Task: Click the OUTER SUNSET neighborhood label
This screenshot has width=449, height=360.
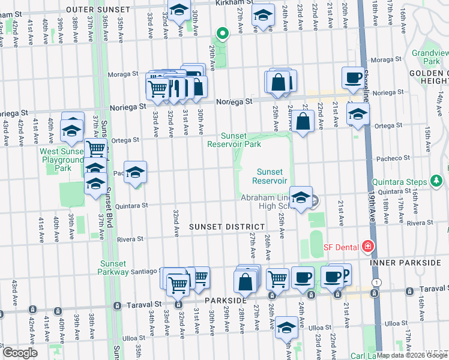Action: pyautogui.click(x=98, y=10)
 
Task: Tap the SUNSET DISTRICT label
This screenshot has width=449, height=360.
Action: pyautogui.click(x=226, y=226)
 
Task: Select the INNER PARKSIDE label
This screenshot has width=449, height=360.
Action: pyautogui.click(x=405, y=263)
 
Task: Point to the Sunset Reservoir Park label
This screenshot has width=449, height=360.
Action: pyautogui.click(x=234, y=140)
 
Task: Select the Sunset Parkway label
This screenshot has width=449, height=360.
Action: pyautogui.click(x=113, y=268)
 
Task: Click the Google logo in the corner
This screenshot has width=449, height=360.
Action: pyautogui.click(x=20, y=353)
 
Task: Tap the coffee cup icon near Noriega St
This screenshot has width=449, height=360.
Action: pyautogui.click(x=353, y=77)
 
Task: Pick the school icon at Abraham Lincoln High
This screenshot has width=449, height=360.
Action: pyautogui.click(x=301, y=196)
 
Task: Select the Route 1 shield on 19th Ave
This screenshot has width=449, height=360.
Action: pyautogui.click(x=376, y=282)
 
